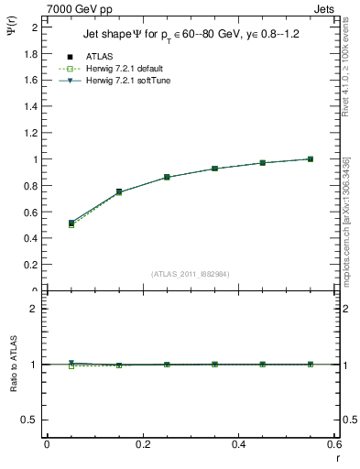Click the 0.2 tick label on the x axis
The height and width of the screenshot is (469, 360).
coord(143,444)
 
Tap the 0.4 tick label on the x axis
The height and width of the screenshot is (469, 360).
coord(239,444)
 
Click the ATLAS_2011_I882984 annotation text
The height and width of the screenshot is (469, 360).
coord(191,274)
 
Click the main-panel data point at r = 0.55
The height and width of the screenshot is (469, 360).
coord(311,159)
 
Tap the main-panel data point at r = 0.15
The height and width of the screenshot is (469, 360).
coord(119,192)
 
